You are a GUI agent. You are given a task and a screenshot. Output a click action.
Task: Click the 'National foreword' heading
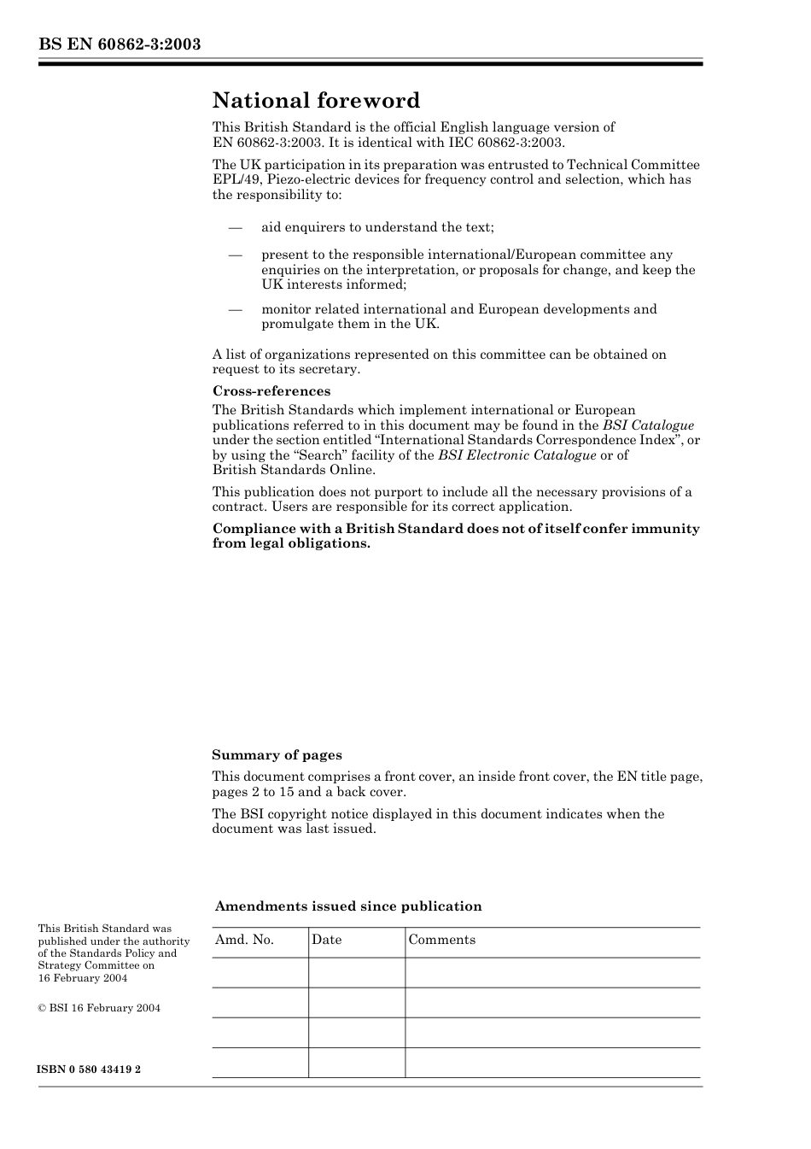coord(316,101)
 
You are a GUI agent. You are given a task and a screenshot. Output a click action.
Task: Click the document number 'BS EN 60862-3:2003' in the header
coord(120,44)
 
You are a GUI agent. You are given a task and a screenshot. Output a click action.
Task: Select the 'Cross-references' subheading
coord(271,391)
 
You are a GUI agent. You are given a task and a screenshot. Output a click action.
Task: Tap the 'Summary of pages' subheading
coord(277,755)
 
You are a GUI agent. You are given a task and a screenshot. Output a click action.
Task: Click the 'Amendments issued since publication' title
coord(348,906)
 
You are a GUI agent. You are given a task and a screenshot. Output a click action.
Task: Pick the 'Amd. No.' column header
coord(244,940)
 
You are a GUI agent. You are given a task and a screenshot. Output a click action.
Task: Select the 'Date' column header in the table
coord(326,940)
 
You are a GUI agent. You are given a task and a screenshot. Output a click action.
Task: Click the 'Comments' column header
coord(441,940)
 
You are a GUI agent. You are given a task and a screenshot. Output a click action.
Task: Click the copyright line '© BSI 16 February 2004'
coord(99,1008)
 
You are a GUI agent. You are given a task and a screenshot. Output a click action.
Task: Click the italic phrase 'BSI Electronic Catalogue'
coord(516,455)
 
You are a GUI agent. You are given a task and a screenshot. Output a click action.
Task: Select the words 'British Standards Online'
coord(294,470)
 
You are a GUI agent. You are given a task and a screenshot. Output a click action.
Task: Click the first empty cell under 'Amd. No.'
coord(260,973)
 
